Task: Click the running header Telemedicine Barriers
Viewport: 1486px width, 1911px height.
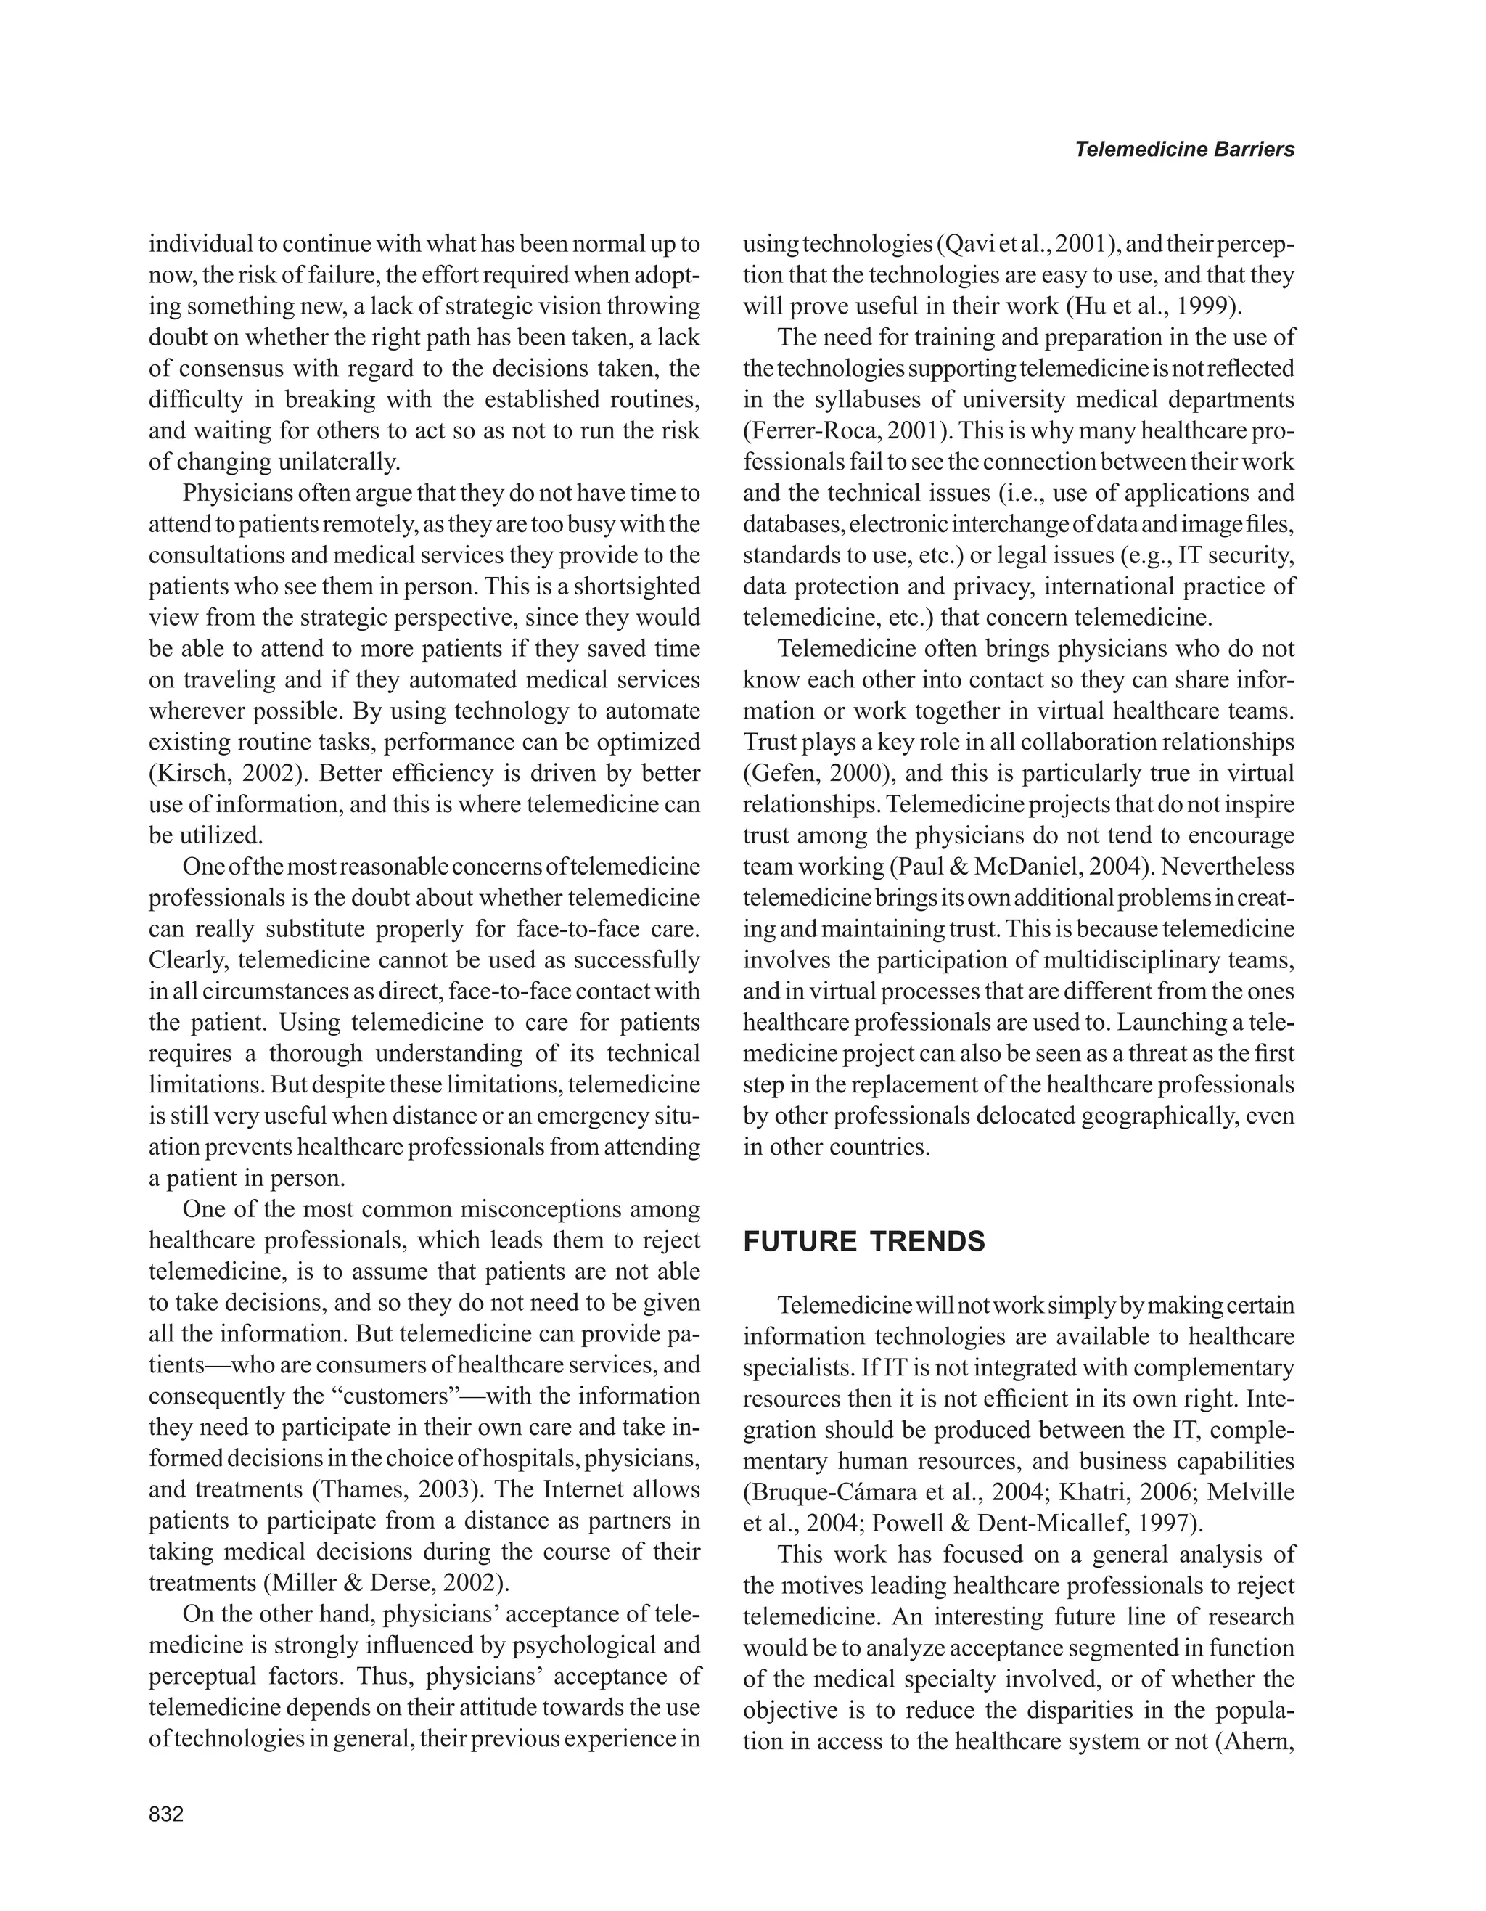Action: pos(1183,150)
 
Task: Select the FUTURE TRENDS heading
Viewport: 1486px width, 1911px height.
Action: pos(863,1242)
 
